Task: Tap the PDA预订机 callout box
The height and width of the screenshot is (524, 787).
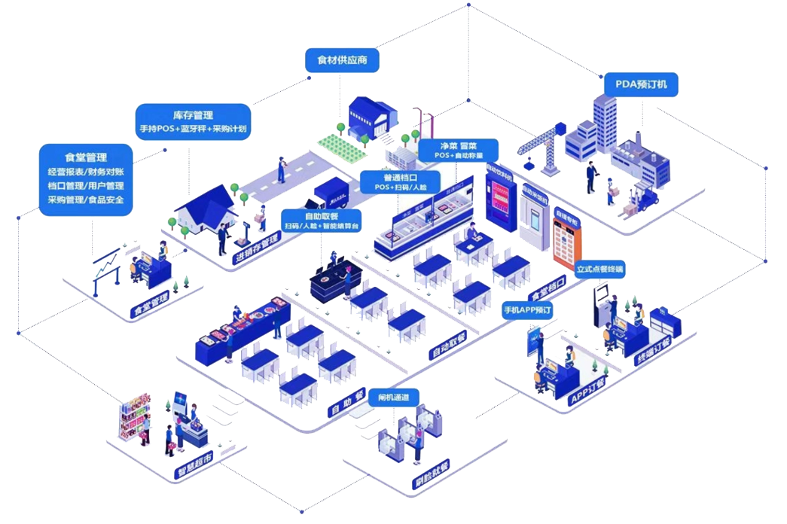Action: (x=642, y=84)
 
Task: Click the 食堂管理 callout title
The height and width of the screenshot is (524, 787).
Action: (x=86, y=157)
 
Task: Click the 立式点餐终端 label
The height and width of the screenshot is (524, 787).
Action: (x=600, y=269)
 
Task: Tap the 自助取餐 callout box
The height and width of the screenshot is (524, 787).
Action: (x=321, y=220)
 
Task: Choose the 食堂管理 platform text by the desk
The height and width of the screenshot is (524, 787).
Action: (x=150, y=305)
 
